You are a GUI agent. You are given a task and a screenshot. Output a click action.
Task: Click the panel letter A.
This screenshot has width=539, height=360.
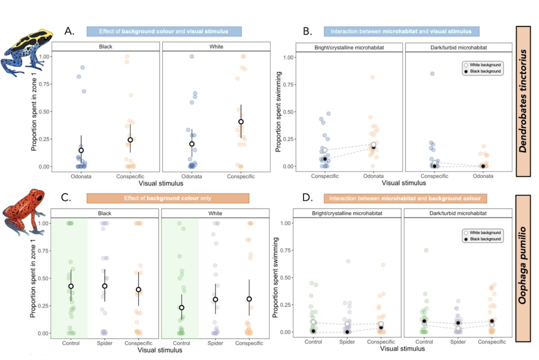(70, 31)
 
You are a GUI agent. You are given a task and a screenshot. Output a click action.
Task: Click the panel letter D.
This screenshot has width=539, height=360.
(309, 198)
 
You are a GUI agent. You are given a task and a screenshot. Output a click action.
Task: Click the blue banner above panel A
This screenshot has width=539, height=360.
(164, 31)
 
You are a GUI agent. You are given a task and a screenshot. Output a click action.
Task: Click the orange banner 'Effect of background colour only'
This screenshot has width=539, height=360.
(168, 198)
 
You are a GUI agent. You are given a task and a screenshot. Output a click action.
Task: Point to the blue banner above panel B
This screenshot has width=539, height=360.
(402, 31)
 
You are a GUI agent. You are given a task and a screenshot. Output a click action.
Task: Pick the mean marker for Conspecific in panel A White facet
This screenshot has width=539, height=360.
(241, 121)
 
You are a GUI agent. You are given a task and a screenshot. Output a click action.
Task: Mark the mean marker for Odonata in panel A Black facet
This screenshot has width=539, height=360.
(81, 151)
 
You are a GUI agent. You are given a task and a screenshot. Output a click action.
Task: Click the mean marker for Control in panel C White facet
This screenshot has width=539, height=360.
(181, 307)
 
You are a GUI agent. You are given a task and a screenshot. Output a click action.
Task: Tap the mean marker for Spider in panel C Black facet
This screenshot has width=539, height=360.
(105, 286)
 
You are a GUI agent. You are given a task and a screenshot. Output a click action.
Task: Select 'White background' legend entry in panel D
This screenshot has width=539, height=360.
(482, 232)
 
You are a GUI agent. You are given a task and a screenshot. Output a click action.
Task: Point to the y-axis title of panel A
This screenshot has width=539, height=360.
(34, 112)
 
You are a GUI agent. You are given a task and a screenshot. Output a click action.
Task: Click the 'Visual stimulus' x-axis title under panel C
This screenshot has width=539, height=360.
(160, 351)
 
